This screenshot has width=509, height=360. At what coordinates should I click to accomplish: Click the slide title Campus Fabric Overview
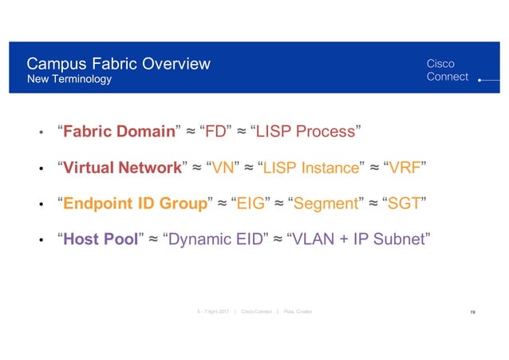[x=118, y=63]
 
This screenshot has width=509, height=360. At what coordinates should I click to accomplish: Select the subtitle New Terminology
[x=69, y=80]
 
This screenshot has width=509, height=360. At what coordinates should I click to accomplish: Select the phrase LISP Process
[x=306, y=131]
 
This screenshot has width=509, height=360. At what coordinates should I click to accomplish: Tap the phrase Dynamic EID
[x=213, y=239]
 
